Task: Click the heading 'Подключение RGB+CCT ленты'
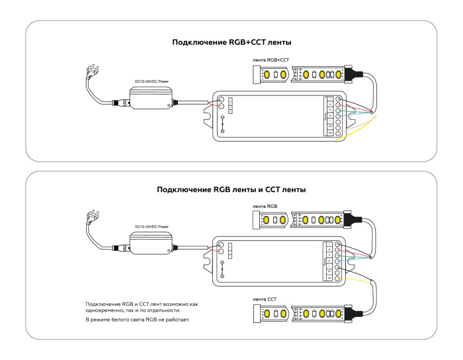coord(232,42)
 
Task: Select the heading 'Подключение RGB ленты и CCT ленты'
coord(231,190)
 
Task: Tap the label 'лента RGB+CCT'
coord(271,60)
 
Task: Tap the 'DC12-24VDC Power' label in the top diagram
coord(153,81)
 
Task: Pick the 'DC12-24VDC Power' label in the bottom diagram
coord(153,227)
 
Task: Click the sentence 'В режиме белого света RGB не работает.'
coord(138,320)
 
